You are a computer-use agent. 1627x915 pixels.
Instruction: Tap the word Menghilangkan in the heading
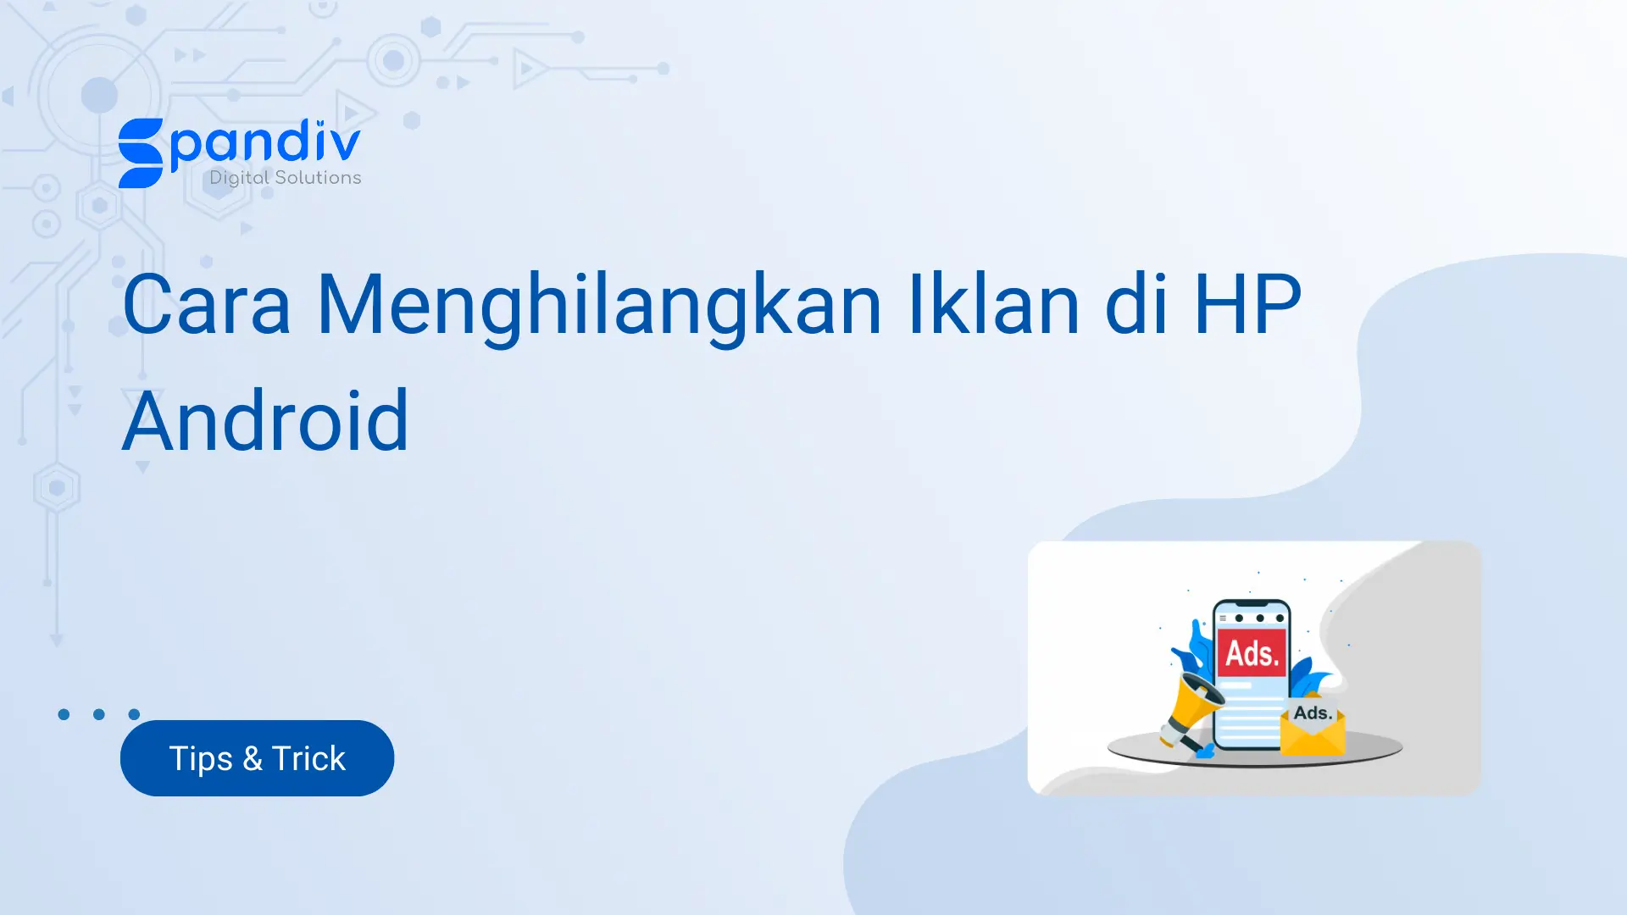(x=598, y=306)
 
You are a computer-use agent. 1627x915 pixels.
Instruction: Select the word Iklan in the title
(x=993, y=304)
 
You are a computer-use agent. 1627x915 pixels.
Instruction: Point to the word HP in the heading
(x=1247, y=304)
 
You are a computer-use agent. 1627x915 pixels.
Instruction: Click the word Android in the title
(x=265, y=421)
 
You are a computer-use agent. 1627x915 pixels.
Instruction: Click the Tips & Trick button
(x=257, y=758)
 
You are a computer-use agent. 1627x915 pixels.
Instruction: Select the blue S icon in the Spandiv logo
(x=141, y=153)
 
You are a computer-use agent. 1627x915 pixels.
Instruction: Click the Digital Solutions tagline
(x=286, y=178)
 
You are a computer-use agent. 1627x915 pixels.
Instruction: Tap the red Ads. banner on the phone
(x=1252, y=652)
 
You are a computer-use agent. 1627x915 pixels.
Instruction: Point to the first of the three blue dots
(x=64, y=714)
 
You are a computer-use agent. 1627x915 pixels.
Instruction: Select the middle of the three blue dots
(x=99, y=714)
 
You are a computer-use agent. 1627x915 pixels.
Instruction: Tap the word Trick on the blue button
(x=308, y=758)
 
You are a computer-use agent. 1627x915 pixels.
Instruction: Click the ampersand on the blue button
(x=253, y=758)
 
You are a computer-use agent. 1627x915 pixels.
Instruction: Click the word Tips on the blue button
(x=201, y=758)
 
